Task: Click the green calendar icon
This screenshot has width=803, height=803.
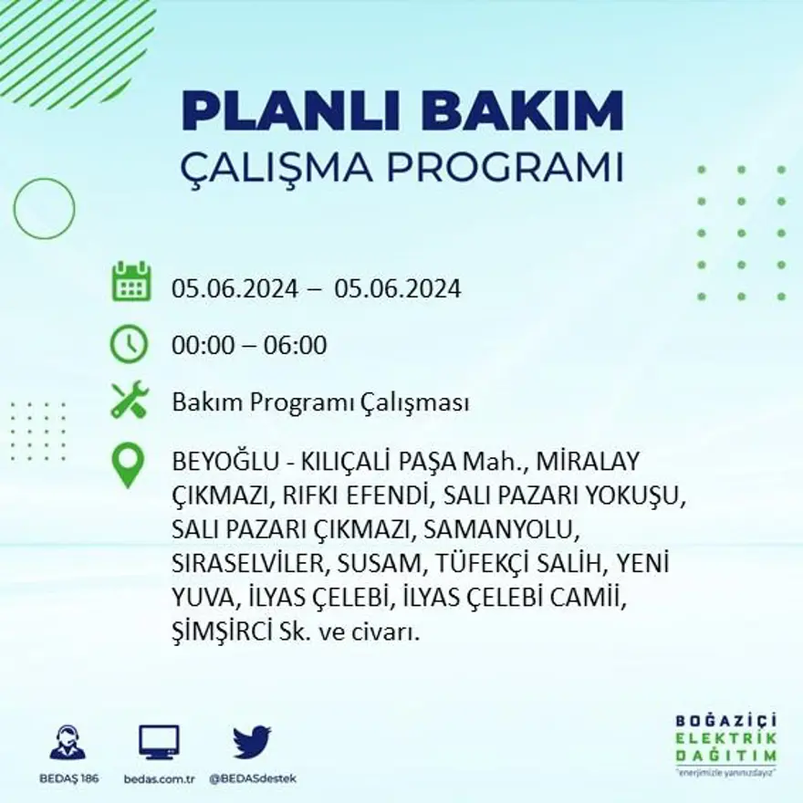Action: pyautogui.click(x=131, y=282)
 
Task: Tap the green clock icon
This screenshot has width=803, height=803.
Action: pyautogui.click(x=129, y=344)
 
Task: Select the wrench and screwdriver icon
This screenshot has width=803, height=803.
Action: pyautogui.click(x=129, y=400)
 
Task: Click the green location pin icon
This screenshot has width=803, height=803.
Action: pyautogui.click(x=129, y=464)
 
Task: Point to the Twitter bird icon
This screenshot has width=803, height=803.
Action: pyautogui.click(x=252, y=741)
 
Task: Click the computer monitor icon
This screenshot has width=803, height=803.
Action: pyautogui.click(x=159, y=742)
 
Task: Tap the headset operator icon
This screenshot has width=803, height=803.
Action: pyautogui.click(x=68, y=742)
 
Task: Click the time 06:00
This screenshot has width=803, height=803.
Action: pyautogui.click(x=295, y=346)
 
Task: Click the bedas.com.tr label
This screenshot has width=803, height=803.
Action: pyautogui.click(x=160, y=778)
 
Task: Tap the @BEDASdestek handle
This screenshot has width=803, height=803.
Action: pyautogui.click(x=253, y=778)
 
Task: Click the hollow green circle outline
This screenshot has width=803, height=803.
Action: pyautogui.click(x=44, y=208)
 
